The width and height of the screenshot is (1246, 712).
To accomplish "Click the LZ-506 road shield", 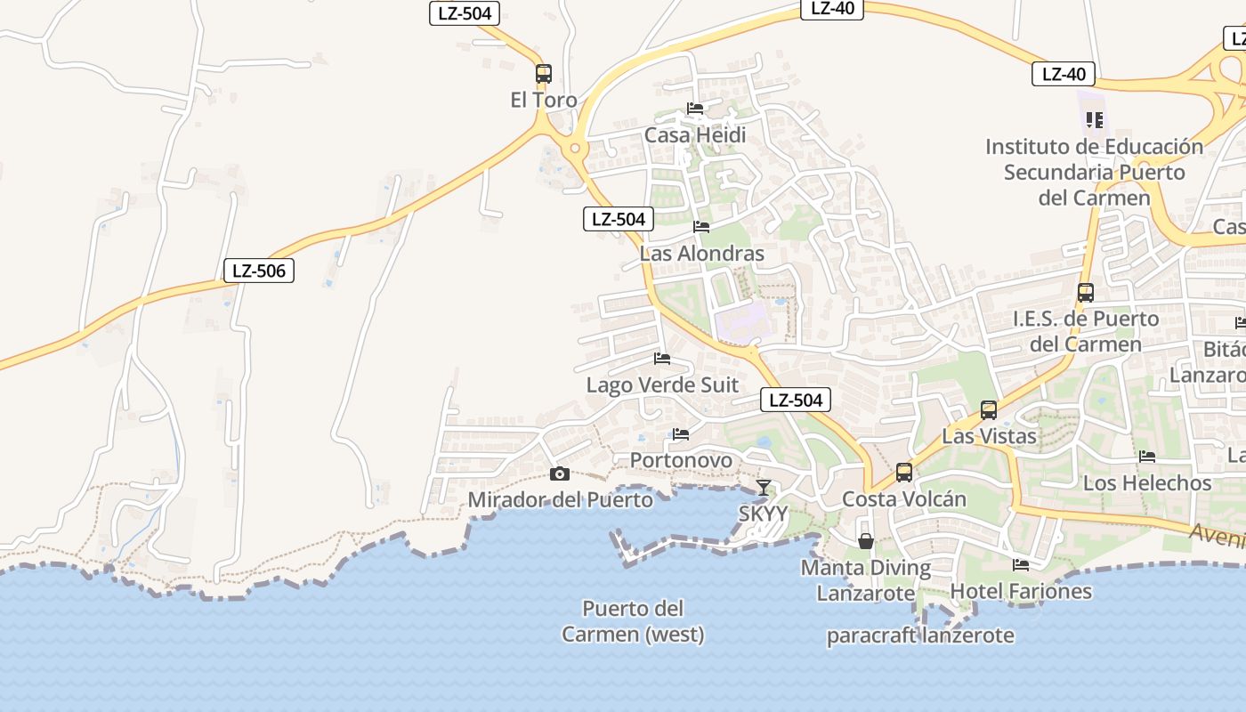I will pyautogui.click(x=259, y=271).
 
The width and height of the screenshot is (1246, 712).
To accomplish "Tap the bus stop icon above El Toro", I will pyautogui.click(x=544, y=74).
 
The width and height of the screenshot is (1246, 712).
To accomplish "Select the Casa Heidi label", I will pyautogui.click(x=695, y=135).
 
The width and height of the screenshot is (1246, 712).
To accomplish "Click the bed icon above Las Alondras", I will pyautogui.click(x=701, y=227).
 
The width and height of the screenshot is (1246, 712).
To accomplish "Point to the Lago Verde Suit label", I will pyautogui.click(x=662, y=384).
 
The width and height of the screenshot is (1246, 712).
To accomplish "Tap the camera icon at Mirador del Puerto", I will pyautogui.click(x=560, y=473).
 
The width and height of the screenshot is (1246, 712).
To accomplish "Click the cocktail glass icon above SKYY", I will pyautogui.click(x=764, y=487).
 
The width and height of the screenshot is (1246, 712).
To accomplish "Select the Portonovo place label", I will pyautogui.click(x=682, y=460).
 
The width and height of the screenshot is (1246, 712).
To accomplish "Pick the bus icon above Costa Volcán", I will pyautogui.click(x=904, y=472).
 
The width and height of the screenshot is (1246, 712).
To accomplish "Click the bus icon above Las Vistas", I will pyautogui.click(x=989, y=409).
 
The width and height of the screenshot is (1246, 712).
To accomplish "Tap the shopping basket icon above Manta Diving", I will pyautogui.click(x=865, y=540).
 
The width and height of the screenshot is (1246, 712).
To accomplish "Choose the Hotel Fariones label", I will pyautogui.click(x=1021, y=591).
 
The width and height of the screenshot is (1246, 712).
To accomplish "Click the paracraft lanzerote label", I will pyautogui.click(x=920, y=635).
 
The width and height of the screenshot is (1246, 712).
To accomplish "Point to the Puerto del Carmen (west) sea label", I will pyautogui.click(x=633, y=621).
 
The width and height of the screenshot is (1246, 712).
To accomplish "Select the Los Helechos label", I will pyautogui.click(x=1147, y=483).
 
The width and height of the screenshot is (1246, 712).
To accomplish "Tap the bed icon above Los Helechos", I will pyautogui.click(x=1147, y=457).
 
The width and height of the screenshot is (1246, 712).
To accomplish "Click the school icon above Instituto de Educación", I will pyautogui.click(x=1095, y=119).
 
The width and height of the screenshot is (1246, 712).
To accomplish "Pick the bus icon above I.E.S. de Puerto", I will pyautogui.click(x=1086, y=292).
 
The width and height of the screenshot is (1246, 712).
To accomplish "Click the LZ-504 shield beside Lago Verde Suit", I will pyautogui.click(x=796, y=400).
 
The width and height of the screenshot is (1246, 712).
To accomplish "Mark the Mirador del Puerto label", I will pyautogui.click(x=560, y=499).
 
